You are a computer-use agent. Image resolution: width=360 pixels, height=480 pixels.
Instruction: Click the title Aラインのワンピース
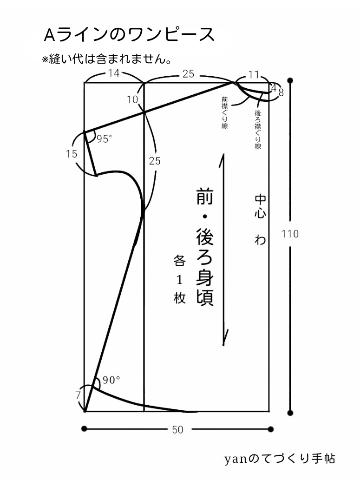[129, 35]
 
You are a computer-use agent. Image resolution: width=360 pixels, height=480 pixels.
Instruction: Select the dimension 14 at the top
[114, 73]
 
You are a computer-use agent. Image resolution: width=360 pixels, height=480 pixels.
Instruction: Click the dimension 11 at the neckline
[254, 74]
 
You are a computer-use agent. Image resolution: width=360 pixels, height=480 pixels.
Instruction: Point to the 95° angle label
[104, 139]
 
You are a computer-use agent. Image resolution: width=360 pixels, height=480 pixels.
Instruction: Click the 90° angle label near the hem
[111, 380]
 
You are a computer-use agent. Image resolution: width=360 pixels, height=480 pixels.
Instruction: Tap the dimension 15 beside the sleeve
[72, 154]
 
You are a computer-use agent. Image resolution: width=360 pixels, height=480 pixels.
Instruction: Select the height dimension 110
[290, 234]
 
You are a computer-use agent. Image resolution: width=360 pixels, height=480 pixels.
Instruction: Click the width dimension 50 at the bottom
[177, 430]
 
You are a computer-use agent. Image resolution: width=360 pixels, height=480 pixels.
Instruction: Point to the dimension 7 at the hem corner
[78, 395]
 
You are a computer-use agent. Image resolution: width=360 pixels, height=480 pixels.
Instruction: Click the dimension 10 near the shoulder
[132, 99]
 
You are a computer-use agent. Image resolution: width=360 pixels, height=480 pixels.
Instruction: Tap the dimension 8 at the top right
[281, 92]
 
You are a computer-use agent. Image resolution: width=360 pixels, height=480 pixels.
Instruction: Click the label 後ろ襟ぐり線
[258, 129]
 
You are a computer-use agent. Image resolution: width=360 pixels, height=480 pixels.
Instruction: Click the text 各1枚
[180, 280]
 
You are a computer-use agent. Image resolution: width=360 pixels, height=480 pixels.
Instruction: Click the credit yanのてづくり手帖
[280, 459]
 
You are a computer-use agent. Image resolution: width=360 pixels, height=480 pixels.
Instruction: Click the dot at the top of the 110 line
[290, 80]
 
